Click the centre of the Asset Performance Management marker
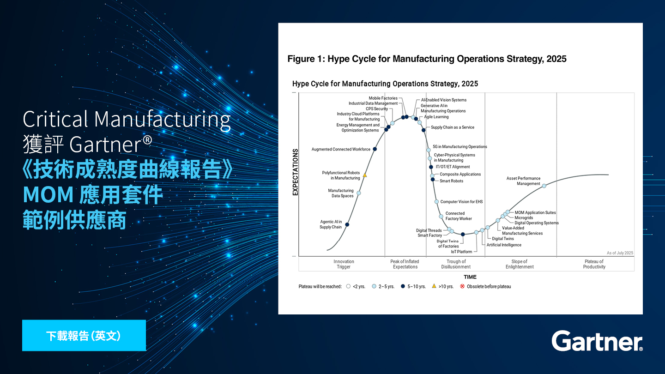click(x=544, y=186)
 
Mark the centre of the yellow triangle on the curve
click(x=365, y=175)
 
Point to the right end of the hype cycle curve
click(x=609, y=175)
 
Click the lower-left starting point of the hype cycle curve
click(x=327, y=250)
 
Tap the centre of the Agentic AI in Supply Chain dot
click(x=347, y=224)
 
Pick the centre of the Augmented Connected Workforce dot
click(x=375, y=149)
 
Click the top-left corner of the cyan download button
click(x=22, y=320)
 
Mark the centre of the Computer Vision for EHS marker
click(x=436, y=201)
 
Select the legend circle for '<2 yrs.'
click(x=348, y=286)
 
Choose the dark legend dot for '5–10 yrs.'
click(x=403, y=286)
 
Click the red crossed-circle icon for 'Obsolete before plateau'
click(x=462, y=286)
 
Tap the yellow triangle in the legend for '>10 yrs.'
click(x=434, y=286)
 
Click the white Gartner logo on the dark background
click(x=597, y=341)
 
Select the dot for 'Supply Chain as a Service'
click(x=423, y=130)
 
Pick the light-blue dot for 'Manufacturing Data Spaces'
click(x=359, y=193)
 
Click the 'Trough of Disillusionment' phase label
click(x=456, y=264)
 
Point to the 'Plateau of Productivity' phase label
click(x=594, y=264)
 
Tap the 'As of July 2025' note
click(x=620, y=253)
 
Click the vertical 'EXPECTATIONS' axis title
click(x=295, y=172)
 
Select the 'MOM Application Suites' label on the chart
click(x=535, y=212)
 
